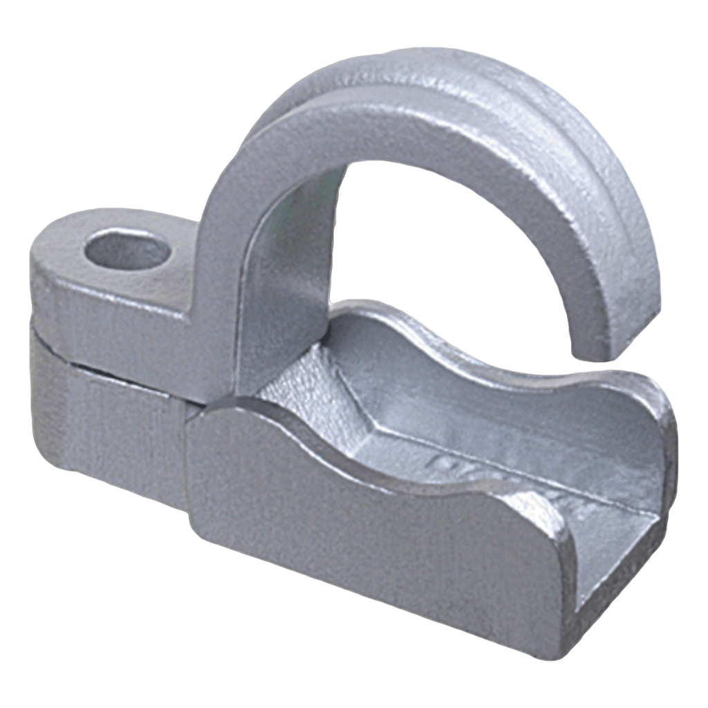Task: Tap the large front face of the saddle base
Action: coord(373,539)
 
